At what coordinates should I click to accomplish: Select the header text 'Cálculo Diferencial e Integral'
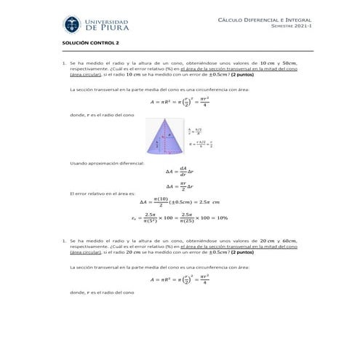click(x=264, y=20)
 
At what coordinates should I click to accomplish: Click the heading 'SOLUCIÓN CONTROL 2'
click(x=90, y=45)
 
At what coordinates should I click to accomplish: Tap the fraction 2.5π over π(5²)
click(x=152, y=217)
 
